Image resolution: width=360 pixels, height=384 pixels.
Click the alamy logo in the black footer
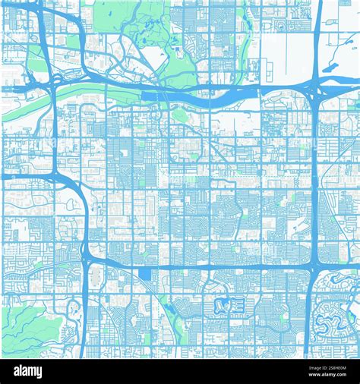pos(32,371)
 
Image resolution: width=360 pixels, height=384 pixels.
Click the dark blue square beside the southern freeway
pos(144,273)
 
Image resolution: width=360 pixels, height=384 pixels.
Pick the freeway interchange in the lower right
pos(311,269)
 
